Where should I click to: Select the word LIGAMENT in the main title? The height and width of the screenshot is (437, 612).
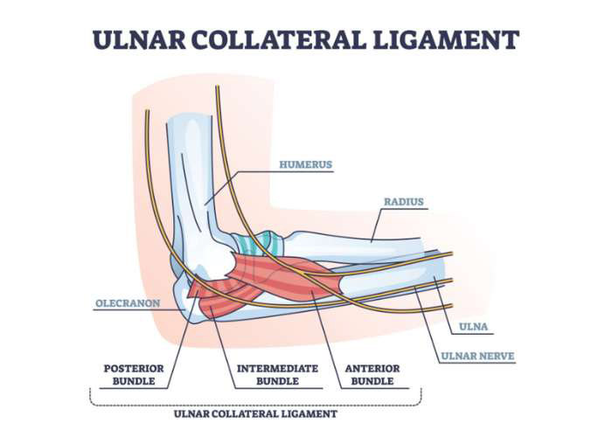click(446, 39)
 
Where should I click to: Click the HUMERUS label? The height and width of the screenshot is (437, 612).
click(306, 164)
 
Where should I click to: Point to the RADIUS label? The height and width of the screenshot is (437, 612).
click(404, 202)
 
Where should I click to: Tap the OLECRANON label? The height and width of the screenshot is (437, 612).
click(128, 303)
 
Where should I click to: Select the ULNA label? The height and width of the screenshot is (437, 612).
click(474, 327)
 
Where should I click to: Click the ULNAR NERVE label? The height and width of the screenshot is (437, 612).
click(477, 357)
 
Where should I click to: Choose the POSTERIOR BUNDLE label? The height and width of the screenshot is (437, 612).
click(134, 375)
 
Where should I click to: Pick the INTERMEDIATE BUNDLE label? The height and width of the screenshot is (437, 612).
click(277, 375)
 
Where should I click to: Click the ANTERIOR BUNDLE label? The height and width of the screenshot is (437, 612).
click(372, 375)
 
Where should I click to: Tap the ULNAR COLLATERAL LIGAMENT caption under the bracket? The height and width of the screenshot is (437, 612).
click(255, 414)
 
